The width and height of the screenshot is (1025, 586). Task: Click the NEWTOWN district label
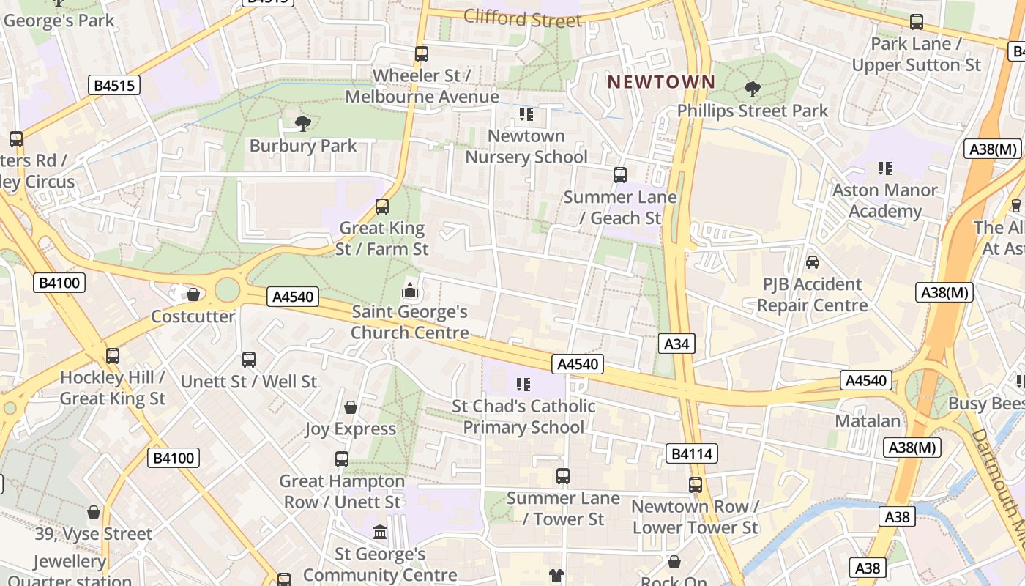(660, 81)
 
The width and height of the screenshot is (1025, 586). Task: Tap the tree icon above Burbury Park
(302, 124)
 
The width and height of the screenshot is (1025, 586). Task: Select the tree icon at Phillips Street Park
(751, 89)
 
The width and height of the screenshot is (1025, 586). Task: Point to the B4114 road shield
(691, 454)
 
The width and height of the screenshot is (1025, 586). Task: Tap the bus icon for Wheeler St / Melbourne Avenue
(421, 53)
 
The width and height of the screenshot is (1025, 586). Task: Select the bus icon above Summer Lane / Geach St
(619, 174)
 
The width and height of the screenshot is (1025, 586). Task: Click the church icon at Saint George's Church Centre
(410, 291)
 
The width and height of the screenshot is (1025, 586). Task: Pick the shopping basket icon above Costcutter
(193, 294)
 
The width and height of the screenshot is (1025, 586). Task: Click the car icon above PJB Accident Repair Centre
(812, 262)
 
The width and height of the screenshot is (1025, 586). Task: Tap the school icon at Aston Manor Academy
(884, 168)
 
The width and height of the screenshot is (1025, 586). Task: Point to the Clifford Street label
(523, 18)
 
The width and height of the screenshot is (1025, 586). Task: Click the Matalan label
(868, 421)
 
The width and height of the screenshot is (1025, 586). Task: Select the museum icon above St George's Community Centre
(380, 532)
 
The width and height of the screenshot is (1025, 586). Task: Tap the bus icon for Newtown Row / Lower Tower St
(695, 484)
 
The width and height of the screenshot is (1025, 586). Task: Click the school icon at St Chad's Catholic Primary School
(523, 384)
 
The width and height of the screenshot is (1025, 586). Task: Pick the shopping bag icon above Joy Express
(351, 407)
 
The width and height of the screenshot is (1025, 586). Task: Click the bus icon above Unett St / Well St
(248, 360)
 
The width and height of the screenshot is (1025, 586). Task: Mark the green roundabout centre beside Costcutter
(228, 290)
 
